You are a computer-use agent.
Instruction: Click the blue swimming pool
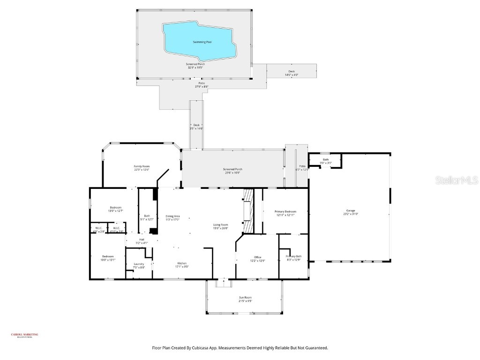click(199, 41)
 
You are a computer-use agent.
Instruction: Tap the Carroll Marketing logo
click(24, 335)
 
